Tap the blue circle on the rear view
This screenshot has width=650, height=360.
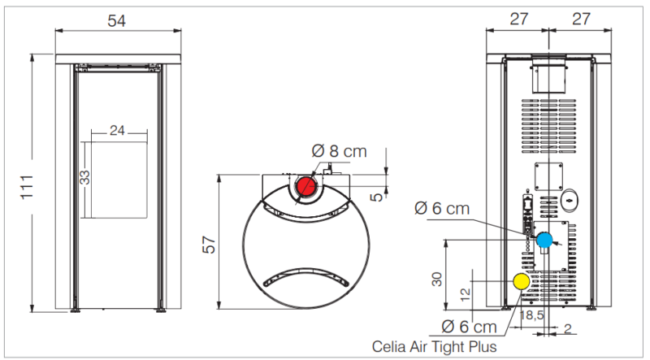click(544, 241)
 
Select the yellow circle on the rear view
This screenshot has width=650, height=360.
click(522, 282)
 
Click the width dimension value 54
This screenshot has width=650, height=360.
click(116, 21)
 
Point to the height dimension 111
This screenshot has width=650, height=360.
click(27, 187)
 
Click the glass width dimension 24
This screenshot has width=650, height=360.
click(117, 131)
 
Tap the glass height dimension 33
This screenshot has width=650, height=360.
click(84, 177)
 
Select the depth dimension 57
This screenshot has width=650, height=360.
click(210, 245)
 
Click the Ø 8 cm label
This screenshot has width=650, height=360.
click(339, 151)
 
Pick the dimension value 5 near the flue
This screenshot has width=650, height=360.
click(376, 197)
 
